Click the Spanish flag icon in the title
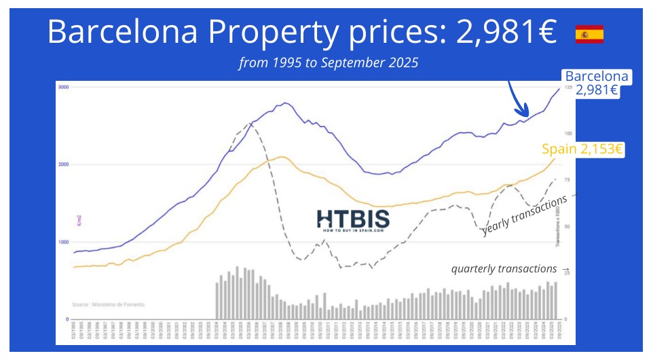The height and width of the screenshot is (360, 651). (589, 34)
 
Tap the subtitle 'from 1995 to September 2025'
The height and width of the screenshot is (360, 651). (328, 63)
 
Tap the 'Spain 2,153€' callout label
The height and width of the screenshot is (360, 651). (582, 149)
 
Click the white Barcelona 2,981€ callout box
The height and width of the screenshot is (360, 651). (596, 83)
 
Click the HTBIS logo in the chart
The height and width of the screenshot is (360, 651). (353, 220)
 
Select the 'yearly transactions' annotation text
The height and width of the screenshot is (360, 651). (524, 216)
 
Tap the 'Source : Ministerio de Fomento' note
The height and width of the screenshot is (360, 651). (108, 305)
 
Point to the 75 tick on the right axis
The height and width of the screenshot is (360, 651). (568, 180)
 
